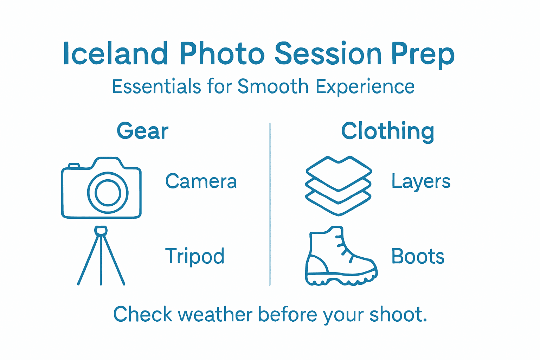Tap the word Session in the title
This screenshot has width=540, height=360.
coord(328,54)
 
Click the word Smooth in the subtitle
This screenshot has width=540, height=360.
coord(273,86)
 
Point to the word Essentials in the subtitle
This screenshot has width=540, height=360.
coord(156,86)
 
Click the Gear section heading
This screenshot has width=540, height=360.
coord(142,131)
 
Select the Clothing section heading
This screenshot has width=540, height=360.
coord(387,131)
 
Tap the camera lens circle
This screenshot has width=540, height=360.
coord(108,193)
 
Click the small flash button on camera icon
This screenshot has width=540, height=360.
coord(74,166)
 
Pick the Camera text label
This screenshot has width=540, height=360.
coord(201,181)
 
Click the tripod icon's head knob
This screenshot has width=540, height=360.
coord(101,231)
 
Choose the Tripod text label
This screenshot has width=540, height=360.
coord(194,256)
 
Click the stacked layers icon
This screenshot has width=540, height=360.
coord(338,186)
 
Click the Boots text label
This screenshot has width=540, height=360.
coord(418,256)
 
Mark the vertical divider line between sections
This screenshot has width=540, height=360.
coord(270,204)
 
